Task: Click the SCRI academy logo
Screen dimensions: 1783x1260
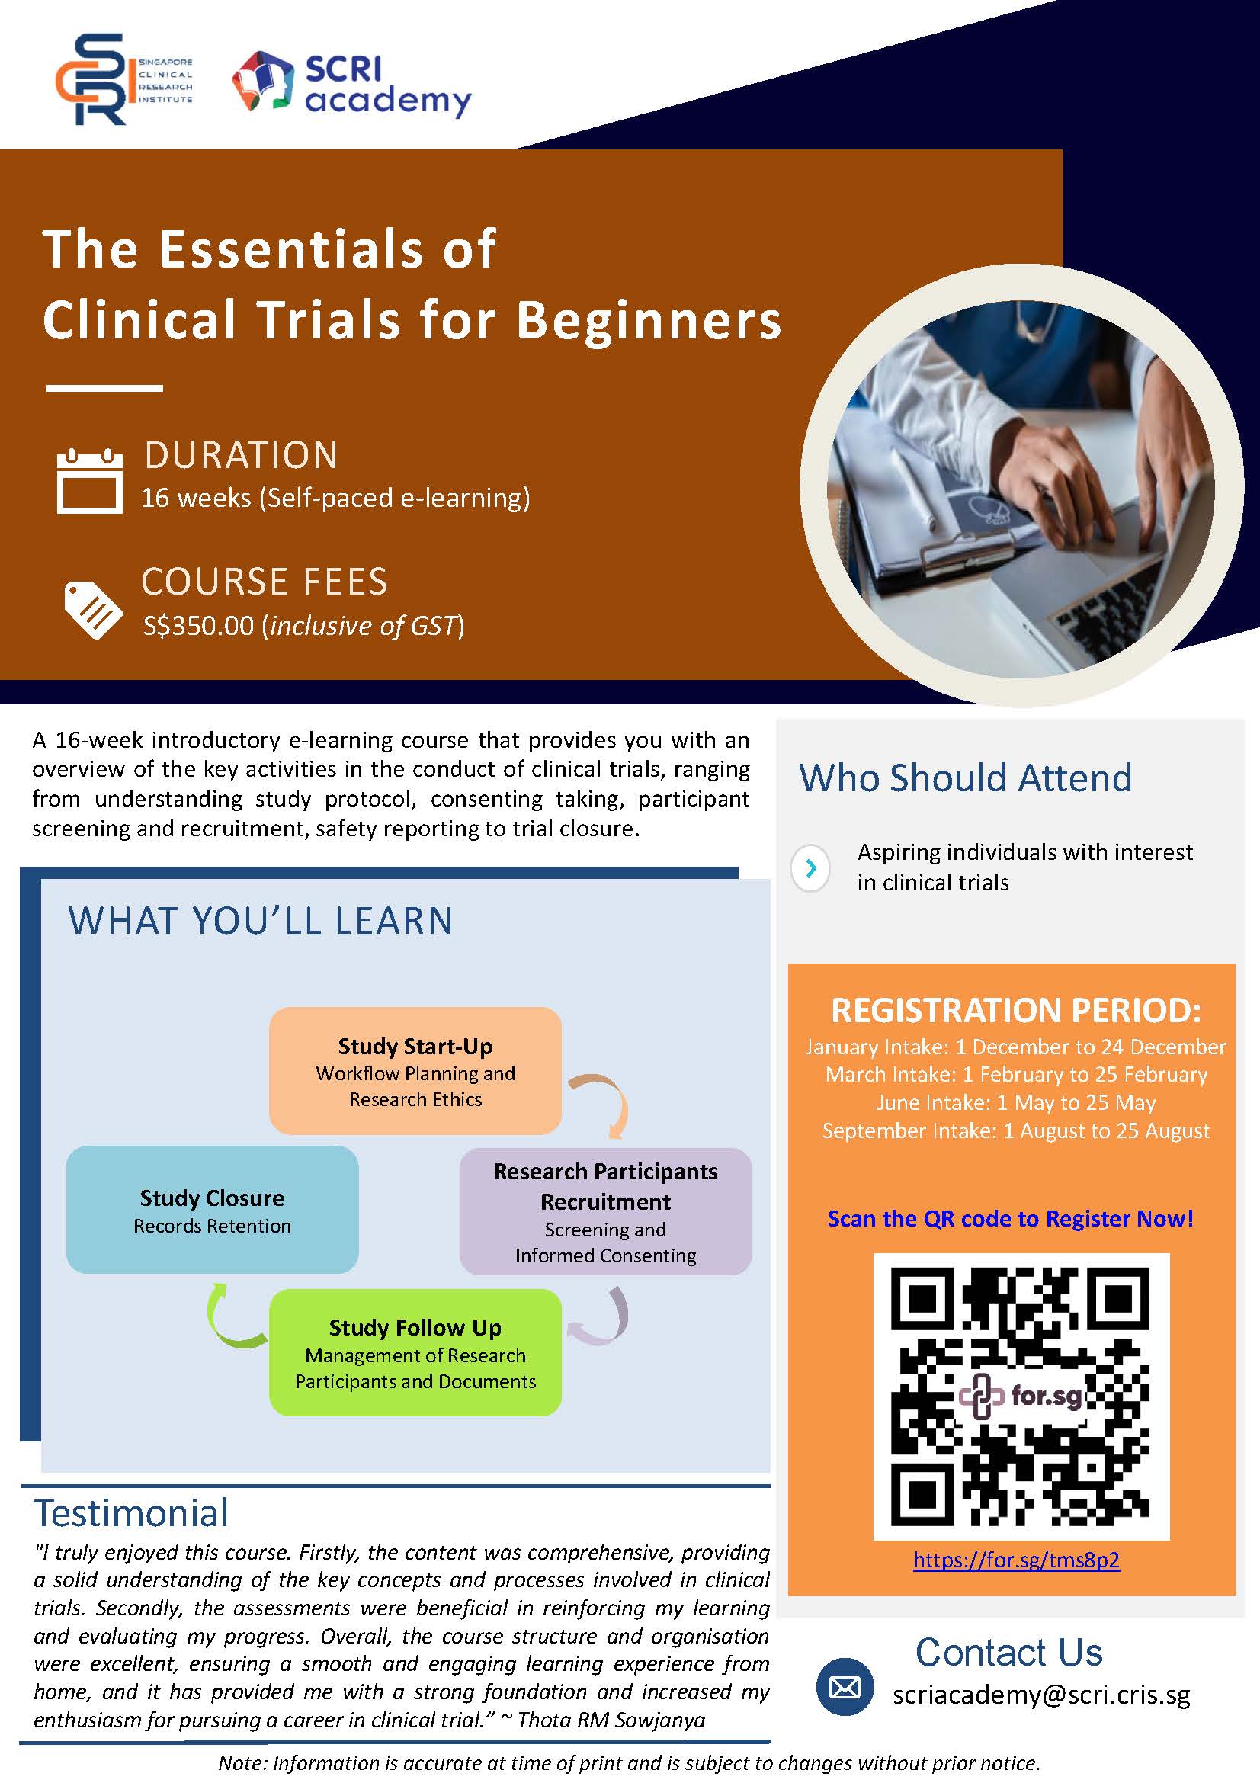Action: [351, 85]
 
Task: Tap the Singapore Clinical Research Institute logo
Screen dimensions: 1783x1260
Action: [123, 79]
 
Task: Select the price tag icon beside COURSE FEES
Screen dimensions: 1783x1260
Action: [92, 610]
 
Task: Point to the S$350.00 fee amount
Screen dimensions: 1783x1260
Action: [199, 626]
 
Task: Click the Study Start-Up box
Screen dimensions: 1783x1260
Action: [415, 1071]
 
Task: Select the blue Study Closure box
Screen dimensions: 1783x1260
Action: [212, 1209]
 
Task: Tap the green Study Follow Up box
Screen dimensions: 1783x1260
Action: [415, 1352]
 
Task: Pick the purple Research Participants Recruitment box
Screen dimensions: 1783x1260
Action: [604, 1211]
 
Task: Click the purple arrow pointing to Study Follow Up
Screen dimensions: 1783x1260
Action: [601, 1318]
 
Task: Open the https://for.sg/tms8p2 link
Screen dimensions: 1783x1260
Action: [1015, 1560]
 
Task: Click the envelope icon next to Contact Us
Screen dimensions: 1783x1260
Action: [845, 1687]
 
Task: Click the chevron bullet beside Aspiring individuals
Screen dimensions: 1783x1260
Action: [810, 867]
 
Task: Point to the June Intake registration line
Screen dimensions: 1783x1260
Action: [1015, 1103]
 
